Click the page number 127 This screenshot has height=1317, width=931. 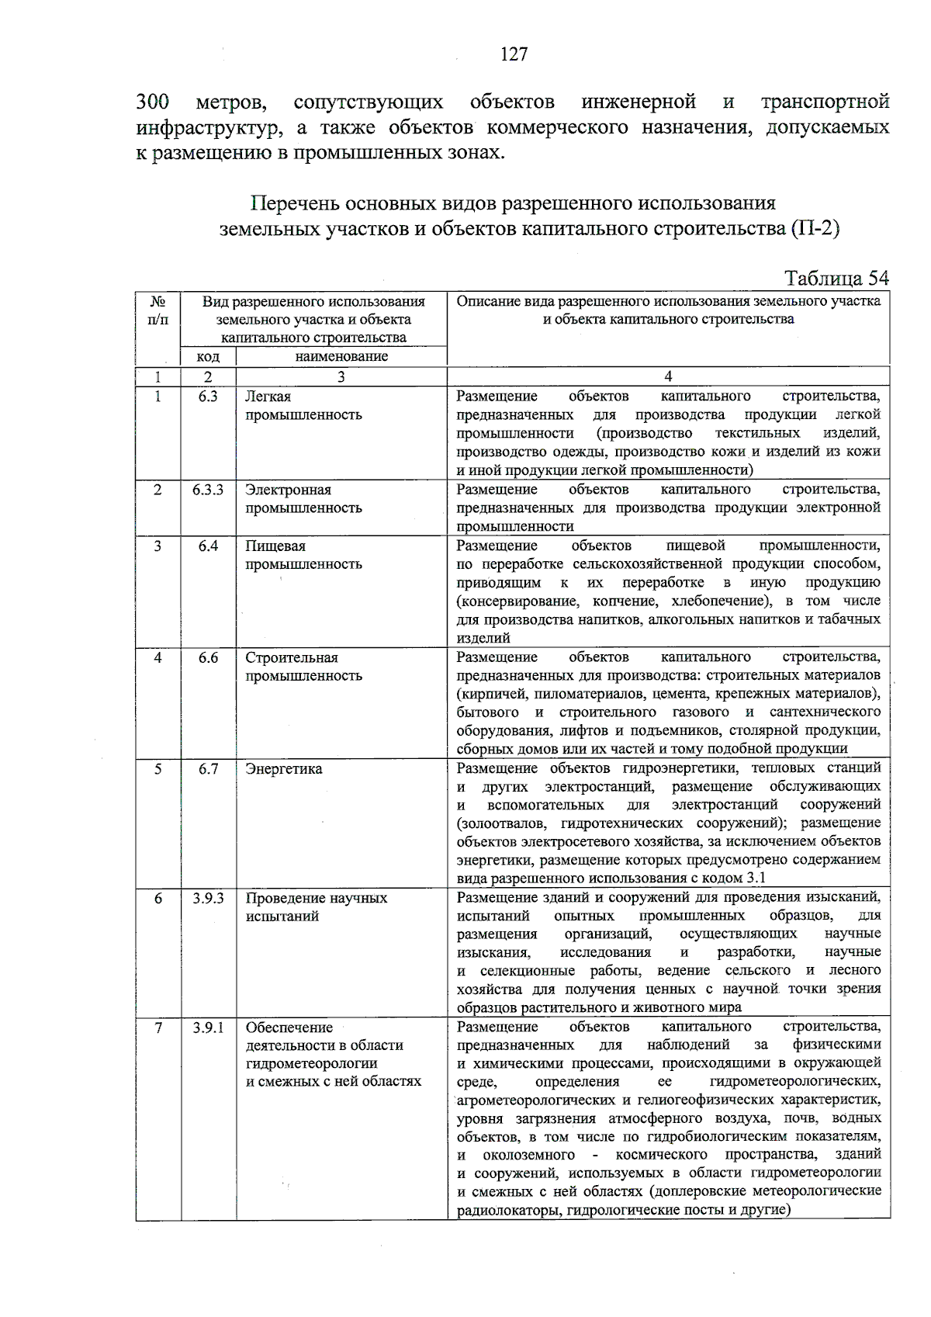pos(514,54)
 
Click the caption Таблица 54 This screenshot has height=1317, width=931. pos(836,279)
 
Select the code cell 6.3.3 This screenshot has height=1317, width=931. pos(208,490)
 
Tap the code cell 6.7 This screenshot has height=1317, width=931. pos(208,769)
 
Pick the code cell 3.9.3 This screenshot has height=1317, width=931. pos(208,898)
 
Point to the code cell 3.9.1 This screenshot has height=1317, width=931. pos(208,1028)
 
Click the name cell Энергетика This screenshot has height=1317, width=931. pos(284,769)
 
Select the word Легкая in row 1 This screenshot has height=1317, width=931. pos(268,397)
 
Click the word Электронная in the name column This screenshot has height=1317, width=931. pos(288,490)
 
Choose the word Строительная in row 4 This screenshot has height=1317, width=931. pos(292,657)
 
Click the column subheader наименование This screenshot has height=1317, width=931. pos(341,357)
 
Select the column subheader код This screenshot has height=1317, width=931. pos(208,357)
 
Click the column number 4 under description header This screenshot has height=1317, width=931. pos(668,377)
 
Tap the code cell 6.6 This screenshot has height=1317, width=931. pos(208,657)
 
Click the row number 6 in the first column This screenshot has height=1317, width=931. pos(157,898)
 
